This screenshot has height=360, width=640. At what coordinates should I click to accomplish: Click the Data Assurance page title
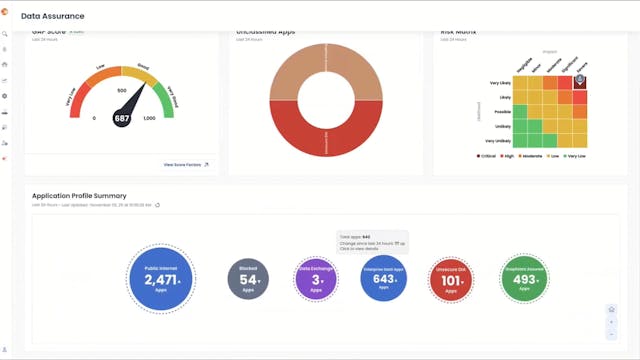pyautogui.click(x=53, y=16)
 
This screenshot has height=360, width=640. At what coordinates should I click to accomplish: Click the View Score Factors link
pyautogui.click(x=186, y=164)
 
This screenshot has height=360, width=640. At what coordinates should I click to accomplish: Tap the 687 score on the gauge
pyautogui.click(x=122, y=118)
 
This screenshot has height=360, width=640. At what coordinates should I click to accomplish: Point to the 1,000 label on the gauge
pyautogui.click(x=150, y=118)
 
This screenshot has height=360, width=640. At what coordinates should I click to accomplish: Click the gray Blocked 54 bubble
pyautogui.click(x=248, y=279)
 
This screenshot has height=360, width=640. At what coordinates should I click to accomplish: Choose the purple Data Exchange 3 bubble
pyautogui.click(x=317, y=279)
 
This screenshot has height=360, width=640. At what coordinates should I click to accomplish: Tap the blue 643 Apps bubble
pyautogui.click(x=383, y=279)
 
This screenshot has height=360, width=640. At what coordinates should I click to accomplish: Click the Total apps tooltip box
pyautogui.click(x=372, y=243)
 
